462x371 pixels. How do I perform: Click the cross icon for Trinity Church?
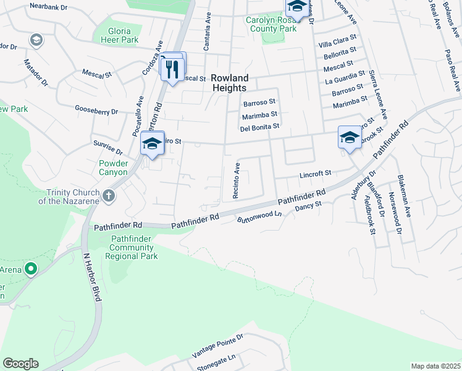(x=108, y=196)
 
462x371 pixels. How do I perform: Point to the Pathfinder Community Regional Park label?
(x=134, y=247)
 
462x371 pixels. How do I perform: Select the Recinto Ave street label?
(x=236, y=181)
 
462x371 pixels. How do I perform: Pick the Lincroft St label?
(x=316, y=173)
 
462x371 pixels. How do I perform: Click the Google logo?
(x=20, y=364)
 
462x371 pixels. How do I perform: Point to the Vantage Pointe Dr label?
(x=217, y=346)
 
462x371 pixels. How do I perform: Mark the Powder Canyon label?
(x=113, y=168)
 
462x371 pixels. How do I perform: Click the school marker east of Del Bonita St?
(x=349, y=137)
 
